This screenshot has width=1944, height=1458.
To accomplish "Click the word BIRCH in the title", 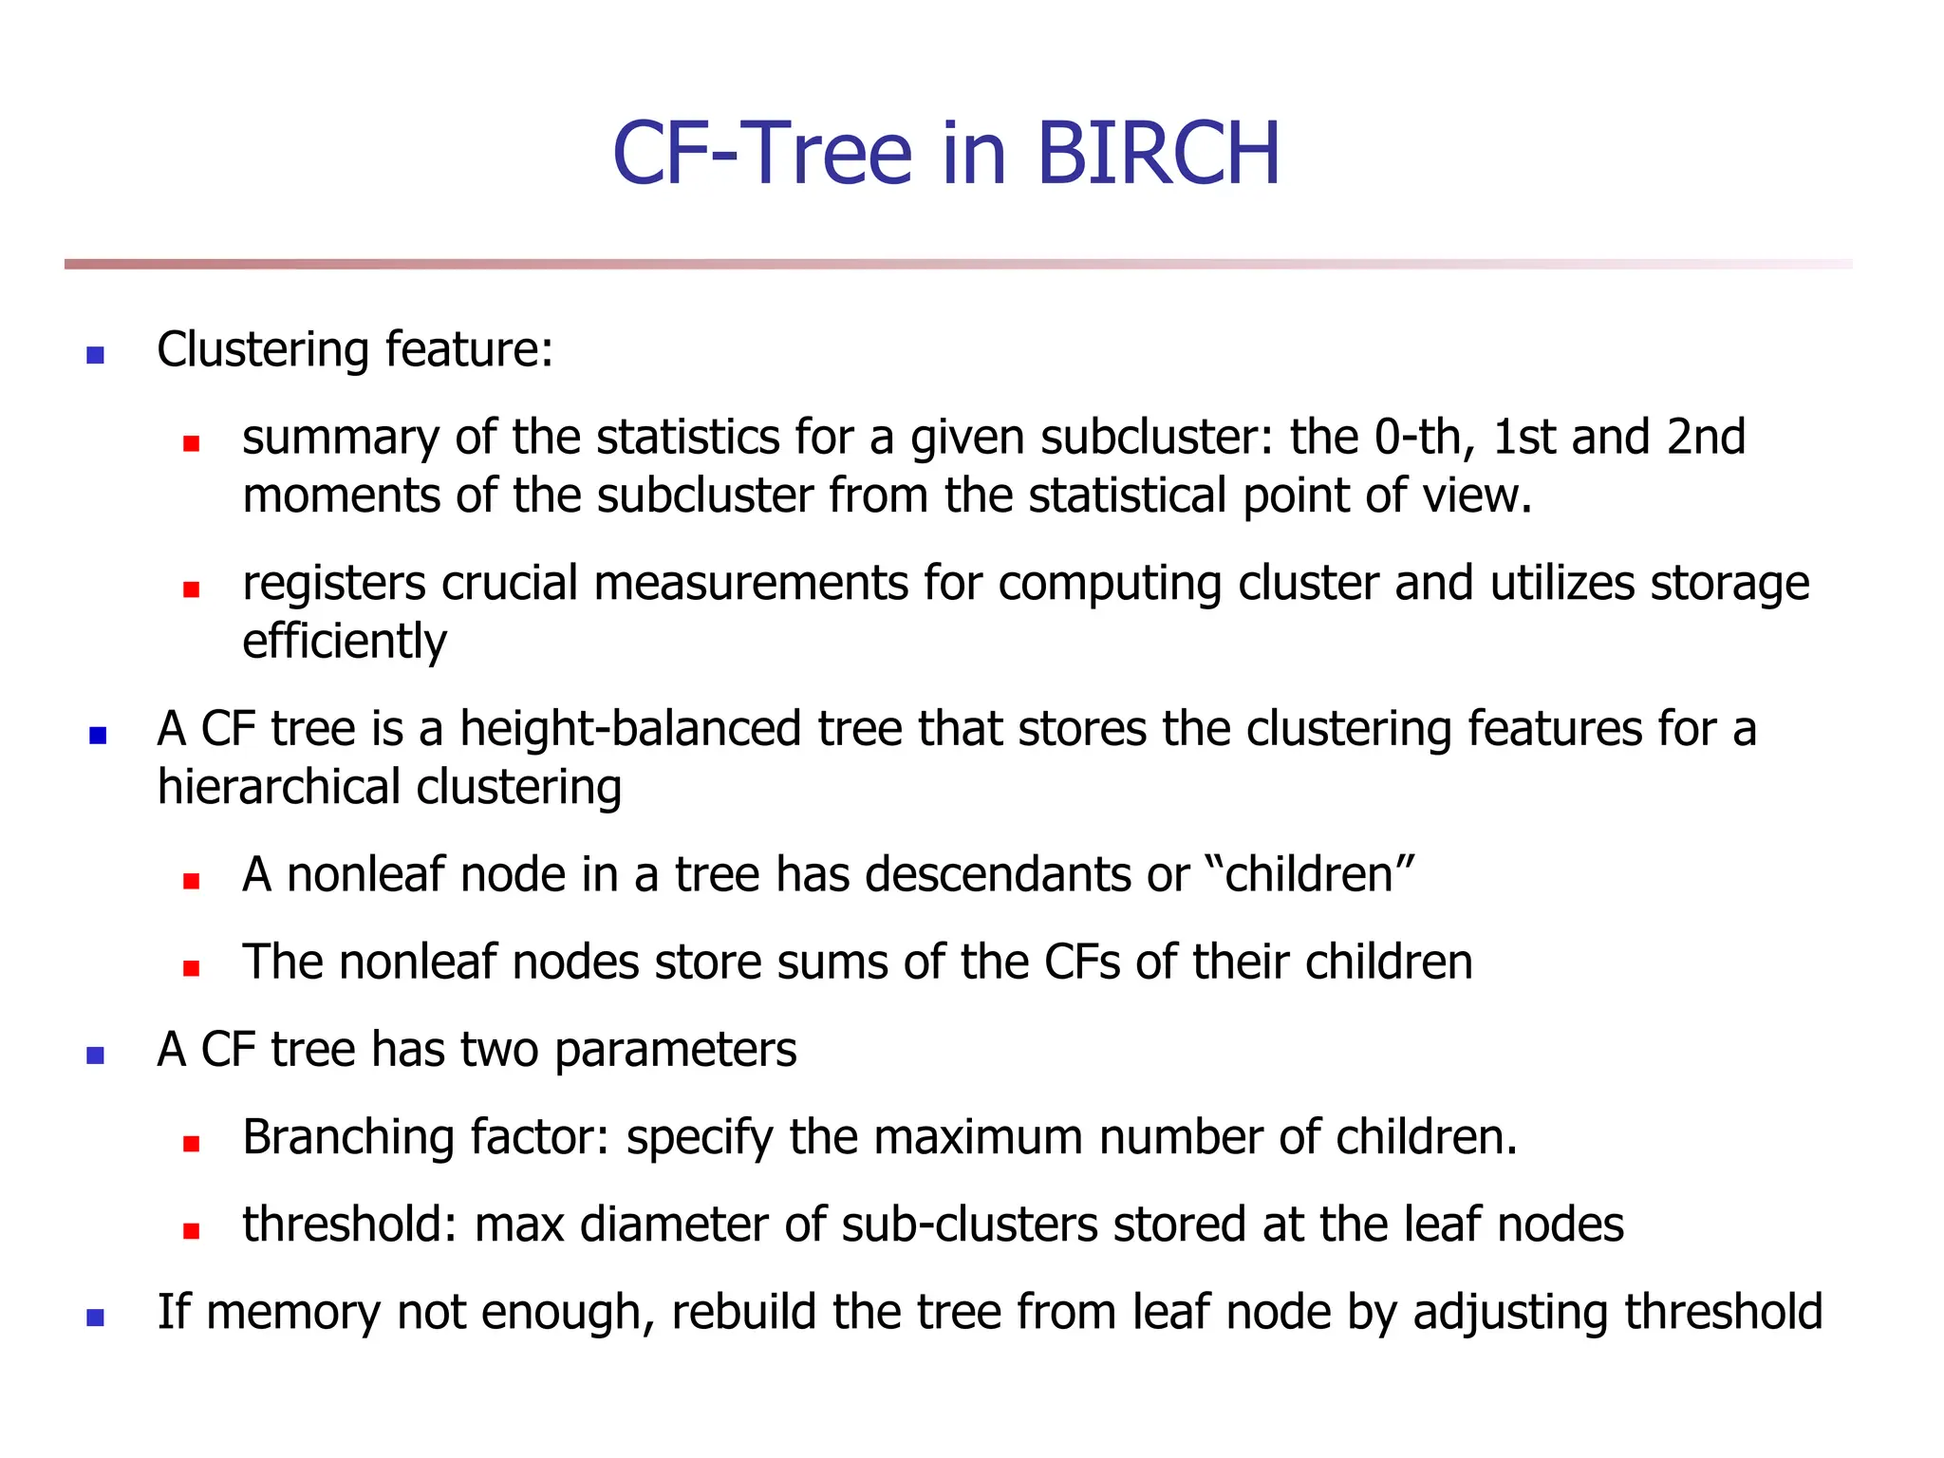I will pyautogui.click(x=1158, y=154).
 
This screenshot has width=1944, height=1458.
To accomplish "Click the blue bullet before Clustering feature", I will pyautogui.click(x=95, y=356).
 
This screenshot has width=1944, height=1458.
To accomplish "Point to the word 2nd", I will pyautogui.click(x=1706, y=438).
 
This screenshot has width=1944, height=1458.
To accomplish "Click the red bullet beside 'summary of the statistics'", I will pyautogui.click(x=192, y=443).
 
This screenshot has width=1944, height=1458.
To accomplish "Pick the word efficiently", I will pyautogui.click(x=345, y=643).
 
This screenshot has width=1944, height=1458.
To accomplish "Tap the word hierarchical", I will pyautogui.click(x=279, y=788).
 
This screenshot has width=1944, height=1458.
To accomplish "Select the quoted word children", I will pyautogui.click(x=1309, y=874).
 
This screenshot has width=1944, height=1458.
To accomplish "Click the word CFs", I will pyautogui.click(x=1082, y=963).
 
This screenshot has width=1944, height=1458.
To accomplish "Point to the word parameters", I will pyautogui.click(x=675, y=1051).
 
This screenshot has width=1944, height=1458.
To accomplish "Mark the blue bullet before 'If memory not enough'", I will pyautogui.click(x=95, y=1318).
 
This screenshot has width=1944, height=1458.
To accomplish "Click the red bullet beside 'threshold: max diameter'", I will pyautogui.click(x=192, y=1231).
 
